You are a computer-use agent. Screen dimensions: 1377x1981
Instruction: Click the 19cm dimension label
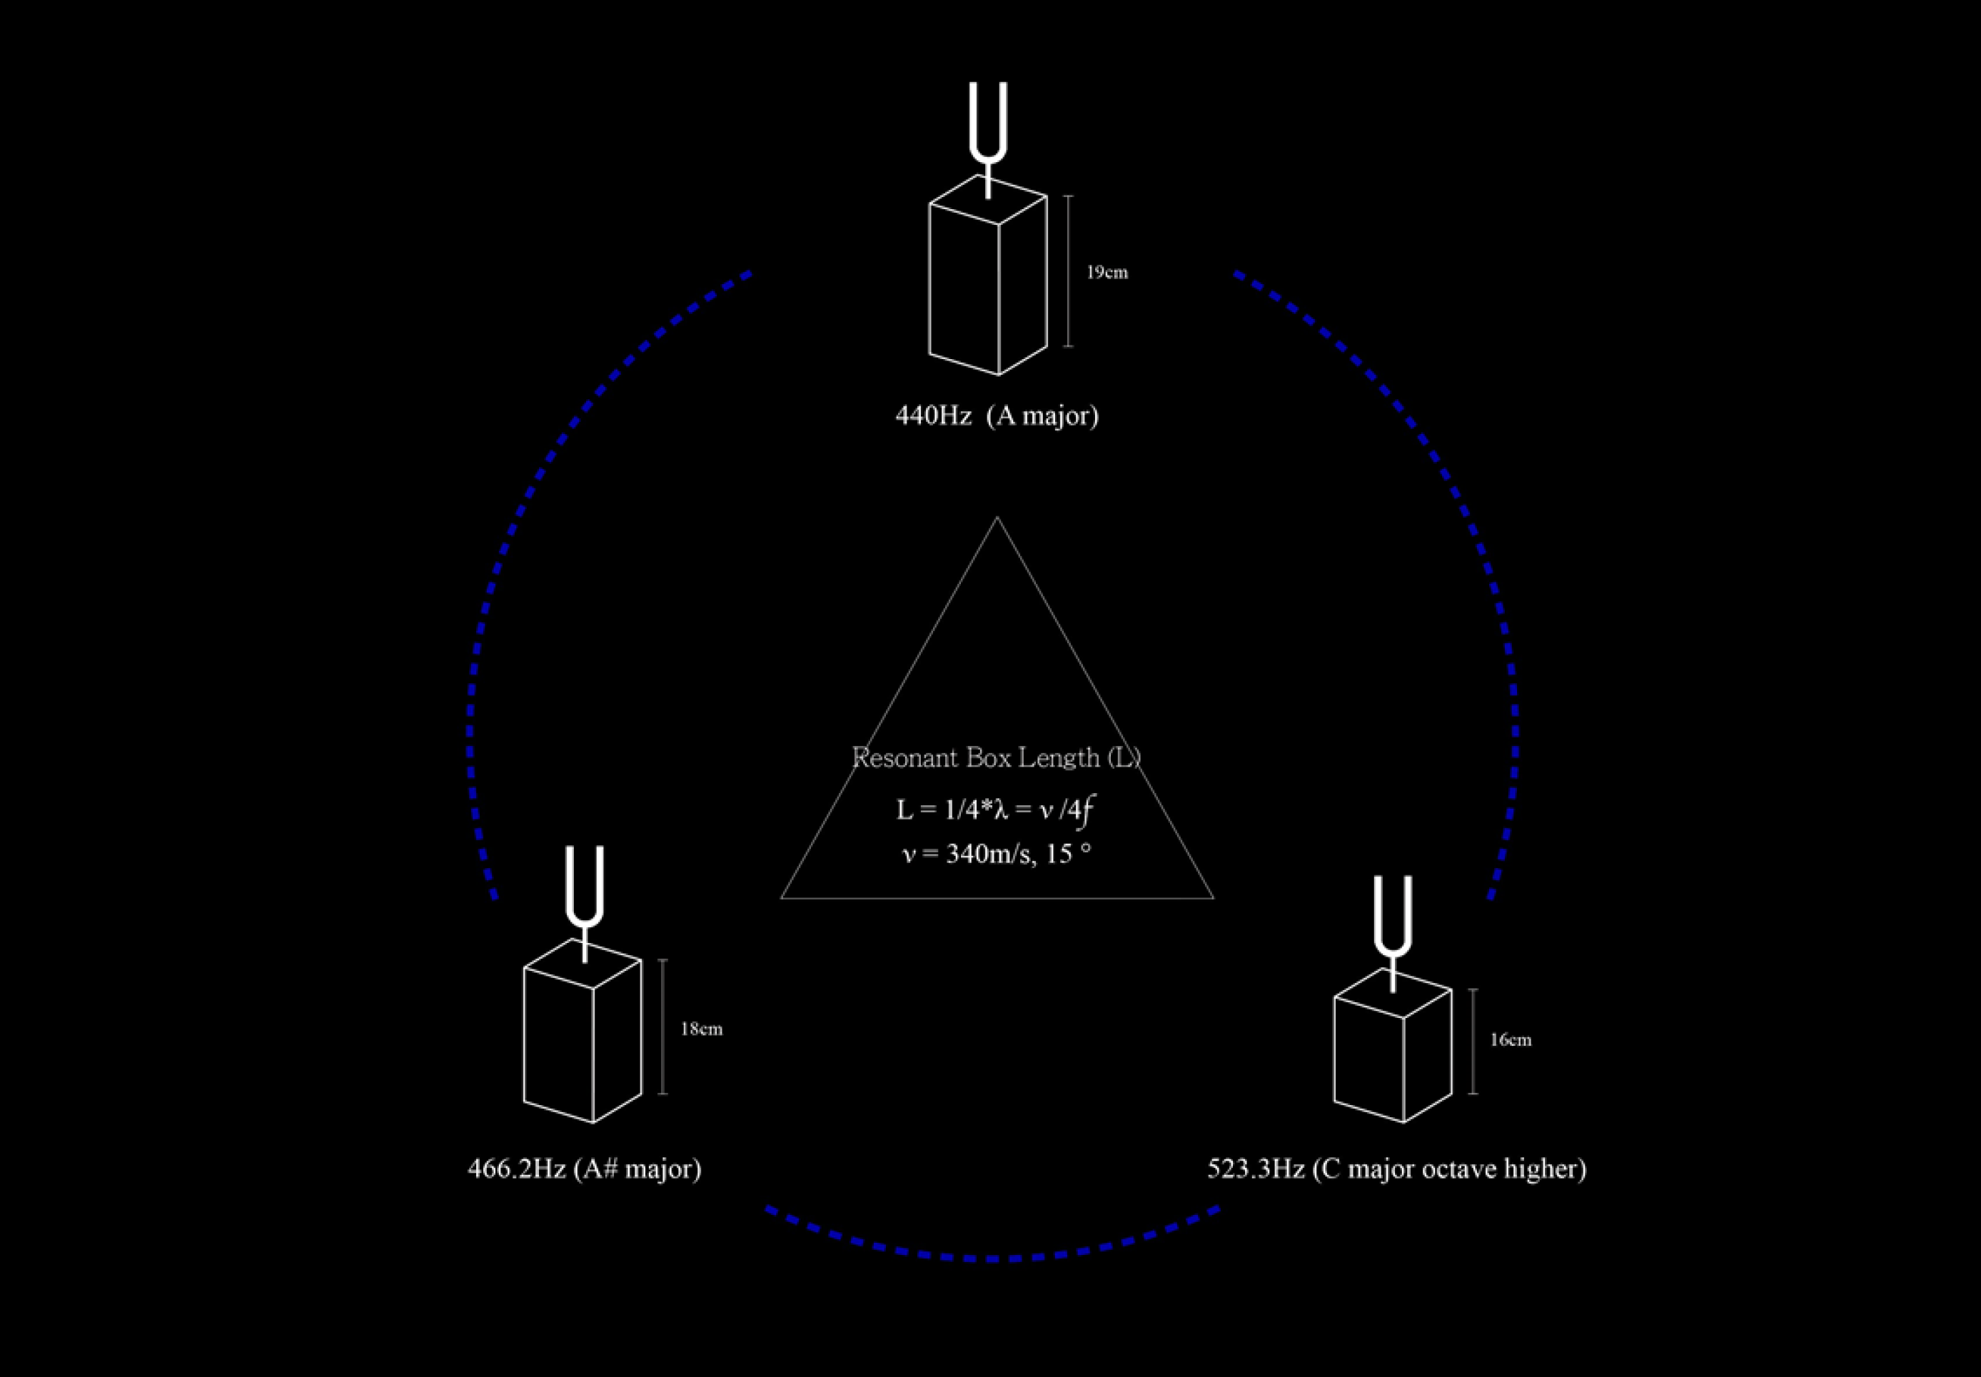tap(1107, 273)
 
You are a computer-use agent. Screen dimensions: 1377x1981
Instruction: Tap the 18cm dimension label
tap(702, 1029)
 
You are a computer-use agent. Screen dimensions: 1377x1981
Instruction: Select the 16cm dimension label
tap(1511, 1041)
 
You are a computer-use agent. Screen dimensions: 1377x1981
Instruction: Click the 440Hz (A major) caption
tap(997, 416)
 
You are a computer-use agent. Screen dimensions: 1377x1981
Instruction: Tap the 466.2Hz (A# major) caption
tap(584, 1169)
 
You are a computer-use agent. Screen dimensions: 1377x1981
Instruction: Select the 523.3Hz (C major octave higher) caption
tap(1396, 1169)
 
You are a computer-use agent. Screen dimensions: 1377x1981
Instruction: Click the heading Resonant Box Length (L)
tap(997, 757)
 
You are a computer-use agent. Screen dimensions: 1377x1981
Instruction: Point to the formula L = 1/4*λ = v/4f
tap(997, 809)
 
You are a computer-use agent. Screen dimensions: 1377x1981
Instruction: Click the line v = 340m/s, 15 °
tap(997, 854)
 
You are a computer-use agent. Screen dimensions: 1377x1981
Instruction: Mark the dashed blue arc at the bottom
tap(992, 1258)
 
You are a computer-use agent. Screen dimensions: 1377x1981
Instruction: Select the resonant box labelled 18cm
tap(583, 1035)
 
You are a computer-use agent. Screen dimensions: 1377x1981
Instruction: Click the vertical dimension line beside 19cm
tap(1068, 271)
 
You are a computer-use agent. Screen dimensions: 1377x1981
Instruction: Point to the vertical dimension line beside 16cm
tap(1473, 1041)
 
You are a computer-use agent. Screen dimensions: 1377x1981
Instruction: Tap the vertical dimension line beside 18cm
tap(662, 1027)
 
